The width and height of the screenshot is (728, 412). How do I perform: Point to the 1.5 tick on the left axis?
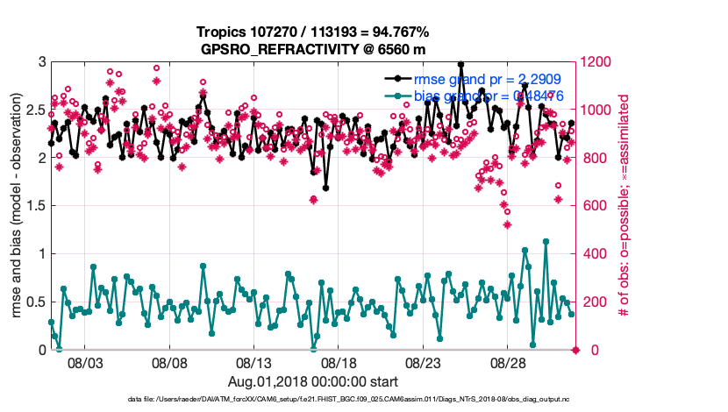point(34,206)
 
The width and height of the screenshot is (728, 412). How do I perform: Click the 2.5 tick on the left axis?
point(34,110)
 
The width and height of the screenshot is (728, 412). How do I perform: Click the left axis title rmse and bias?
point(17,206)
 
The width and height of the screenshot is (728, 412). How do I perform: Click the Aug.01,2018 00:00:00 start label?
point(313,381)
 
